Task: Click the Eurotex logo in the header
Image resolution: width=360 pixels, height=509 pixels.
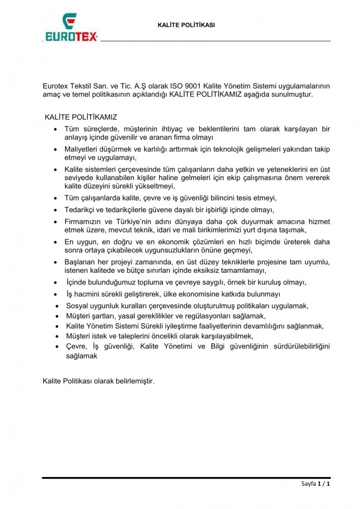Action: [x=70, y=28]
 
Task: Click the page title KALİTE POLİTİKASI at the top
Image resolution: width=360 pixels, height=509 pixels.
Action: [x=186, y=25]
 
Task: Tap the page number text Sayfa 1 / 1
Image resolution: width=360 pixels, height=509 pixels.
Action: [x=316, y=483]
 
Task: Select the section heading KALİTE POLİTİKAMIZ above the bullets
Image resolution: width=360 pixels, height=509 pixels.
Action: [x=81, y=116]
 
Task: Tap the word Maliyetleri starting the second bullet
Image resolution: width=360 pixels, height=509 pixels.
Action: [x=82, y=149]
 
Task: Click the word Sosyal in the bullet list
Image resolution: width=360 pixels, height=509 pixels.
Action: [x=76, y=305]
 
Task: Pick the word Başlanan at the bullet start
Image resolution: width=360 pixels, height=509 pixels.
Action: [x=81, y=262]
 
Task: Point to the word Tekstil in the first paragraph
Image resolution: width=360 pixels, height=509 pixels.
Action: [x=82, y=86]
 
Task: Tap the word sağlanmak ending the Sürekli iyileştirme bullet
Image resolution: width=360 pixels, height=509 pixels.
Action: [x=306, y=326]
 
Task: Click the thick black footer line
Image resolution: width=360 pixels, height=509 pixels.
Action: [x=186, y=477]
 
